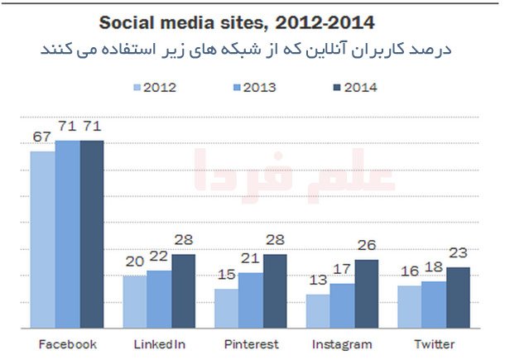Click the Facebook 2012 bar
[43, 240]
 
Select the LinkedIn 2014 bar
[184, 290]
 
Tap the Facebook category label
[68, 343]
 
